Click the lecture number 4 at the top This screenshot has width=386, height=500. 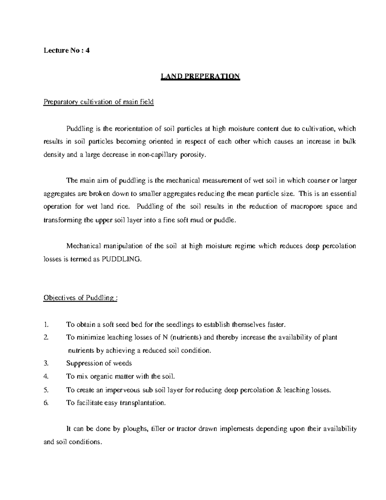[87, 50]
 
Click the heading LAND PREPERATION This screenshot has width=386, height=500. [200, 76]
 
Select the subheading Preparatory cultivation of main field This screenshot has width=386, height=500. [98, 102]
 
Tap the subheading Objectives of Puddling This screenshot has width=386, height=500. [80, 298]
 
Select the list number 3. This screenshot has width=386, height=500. [46, 363]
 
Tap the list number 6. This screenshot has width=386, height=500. [46, 403]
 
